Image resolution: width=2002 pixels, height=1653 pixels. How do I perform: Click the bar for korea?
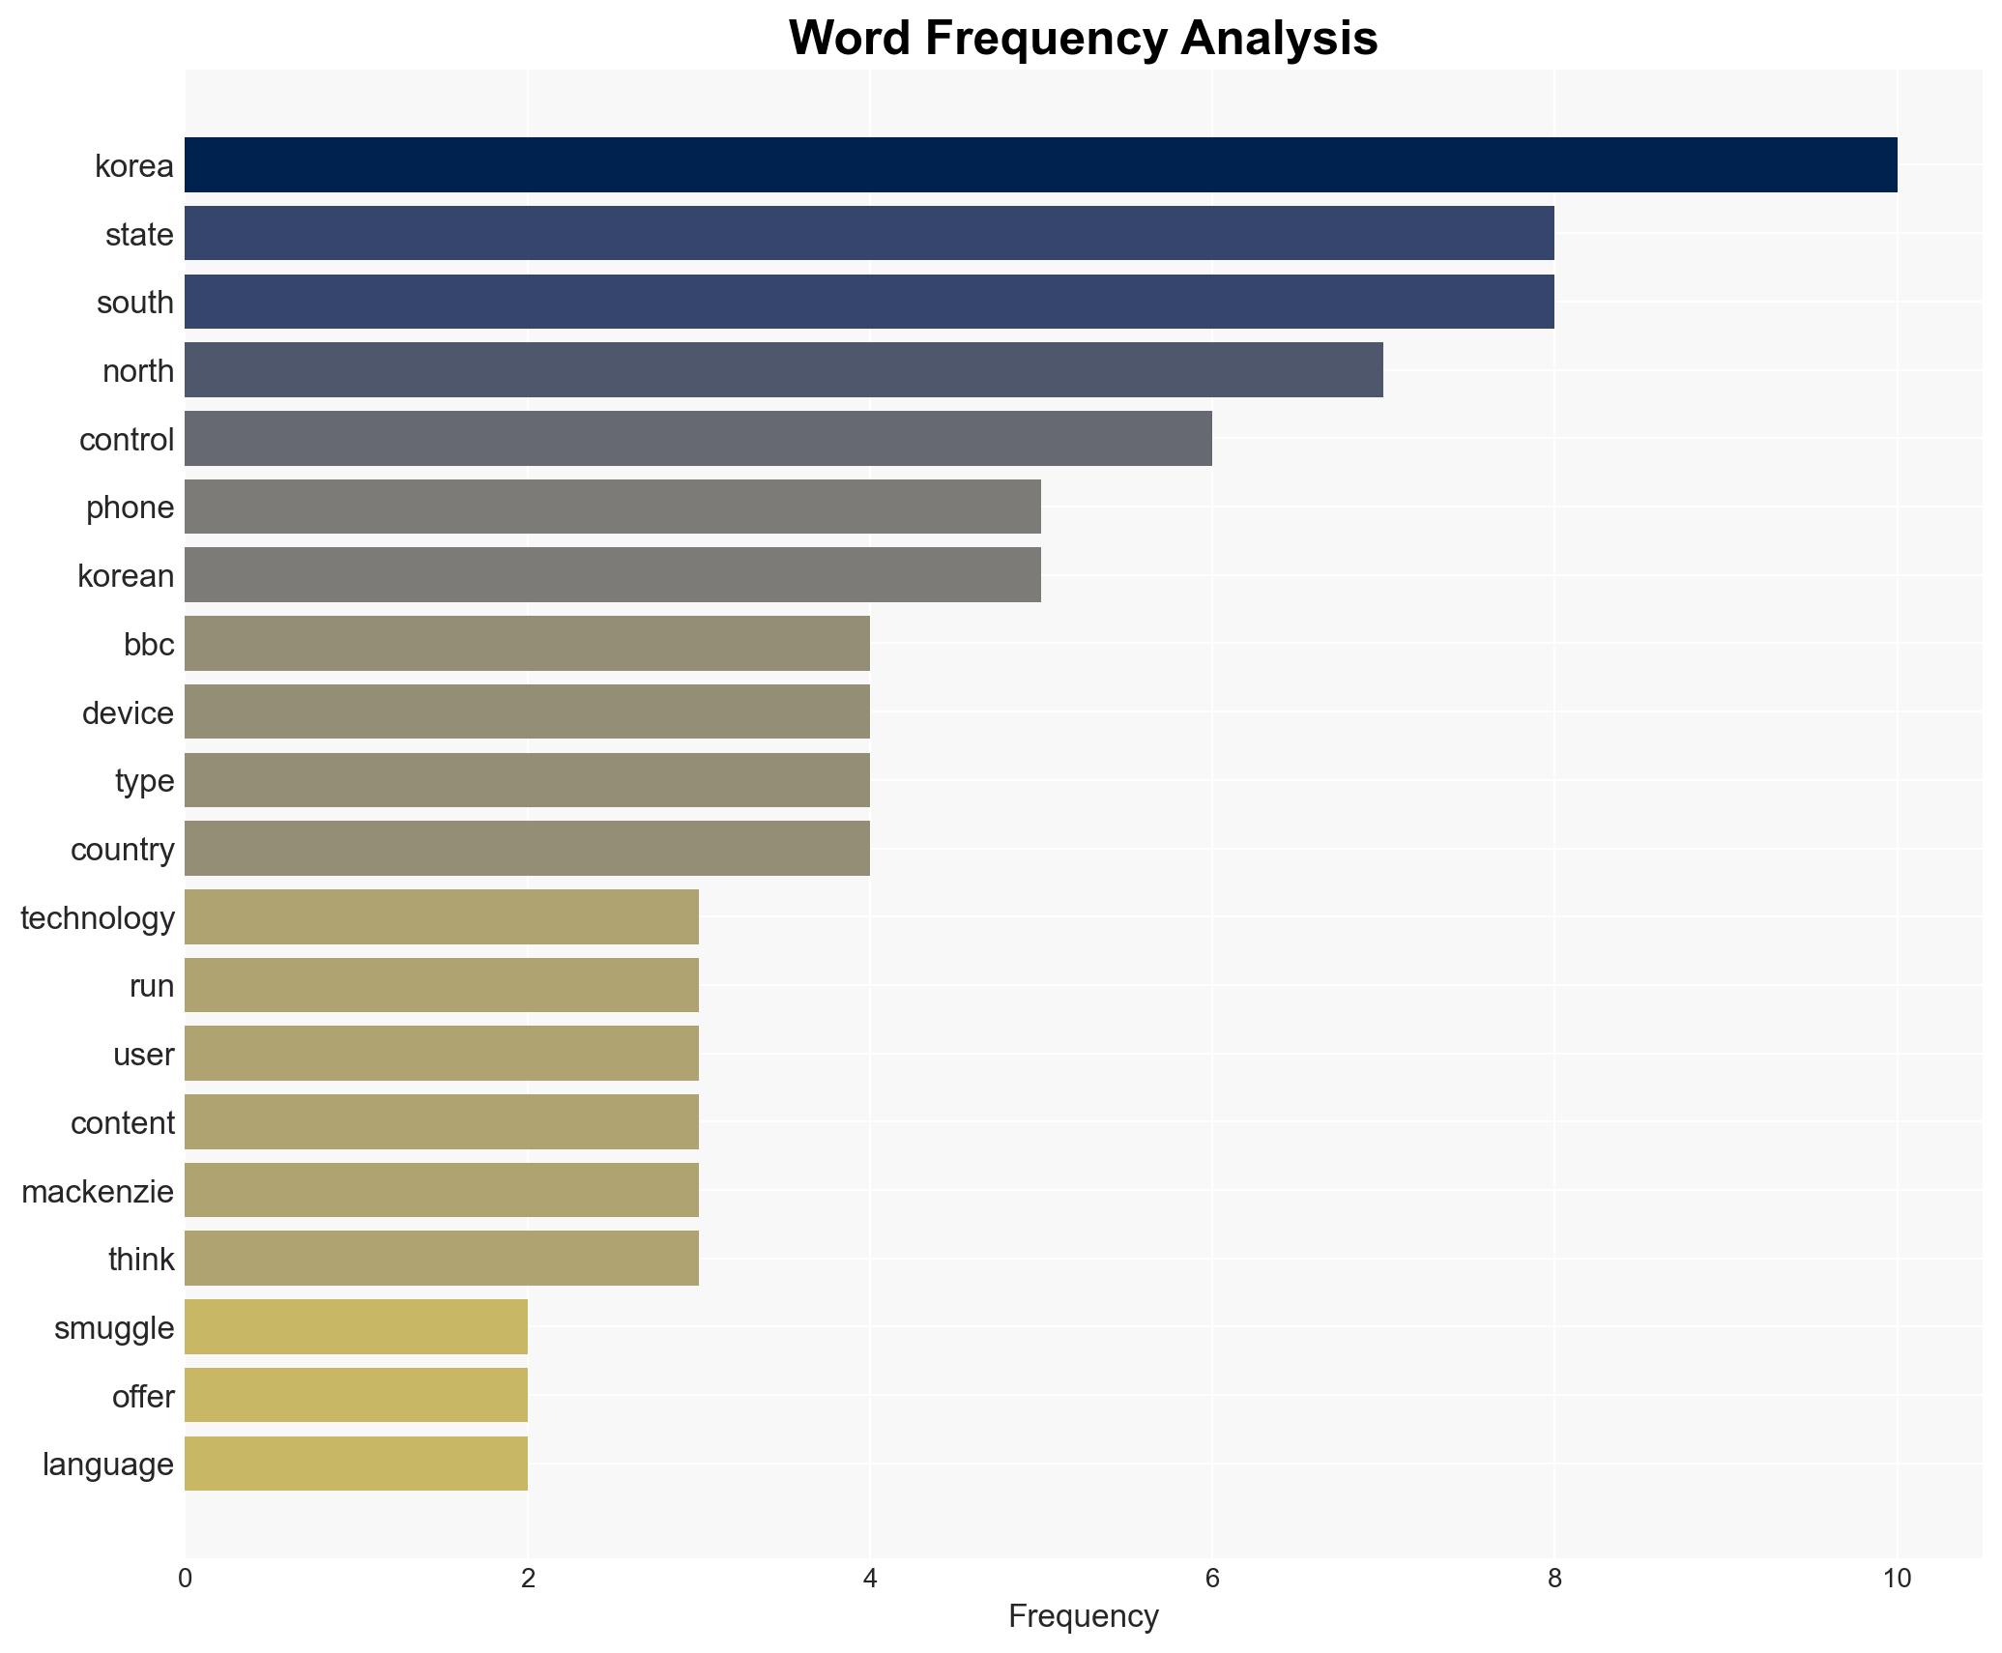[1040, 165]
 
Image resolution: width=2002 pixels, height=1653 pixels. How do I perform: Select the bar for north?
[783, 370]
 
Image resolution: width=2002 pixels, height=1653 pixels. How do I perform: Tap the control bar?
[698, 439]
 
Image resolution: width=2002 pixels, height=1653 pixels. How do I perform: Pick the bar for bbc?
[527, 644]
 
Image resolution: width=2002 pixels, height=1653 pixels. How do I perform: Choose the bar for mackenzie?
[442, 1190]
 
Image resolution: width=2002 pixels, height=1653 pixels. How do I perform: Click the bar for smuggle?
[356, 1327]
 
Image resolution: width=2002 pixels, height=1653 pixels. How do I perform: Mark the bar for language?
[356, 1464]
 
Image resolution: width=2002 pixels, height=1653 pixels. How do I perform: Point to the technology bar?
[442, 917]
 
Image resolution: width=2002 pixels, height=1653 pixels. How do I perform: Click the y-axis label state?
[139, 235]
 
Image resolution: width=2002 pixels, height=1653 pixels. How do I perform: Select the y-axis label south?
[135, 303]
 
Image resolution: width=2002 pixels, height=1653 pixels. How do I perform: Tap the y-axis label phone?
[130, 507]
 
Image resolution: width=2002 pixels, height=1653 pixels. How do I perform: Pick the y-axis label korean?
[126, 576]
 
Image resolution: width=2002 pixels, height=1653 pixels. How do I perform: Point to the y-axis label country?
[122, 850]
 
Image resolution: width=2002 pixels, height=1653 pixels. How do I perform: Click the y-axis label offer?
[143, 1397]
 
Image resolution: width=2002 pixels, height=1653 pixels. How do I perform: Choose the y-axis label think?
[141, 1260]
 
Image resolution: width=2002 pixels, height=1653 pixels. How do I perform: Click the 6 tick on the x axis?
[1211, 1579]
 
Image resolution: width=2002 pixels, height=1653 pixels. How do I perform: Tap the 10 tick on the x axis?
[1897, 1579]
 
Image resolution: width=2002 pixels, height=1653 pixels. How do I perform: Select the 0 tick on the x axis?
[185, 1579]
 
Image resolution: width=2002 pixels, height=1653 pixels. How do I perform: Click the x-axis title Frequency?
[1083, 1616]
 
